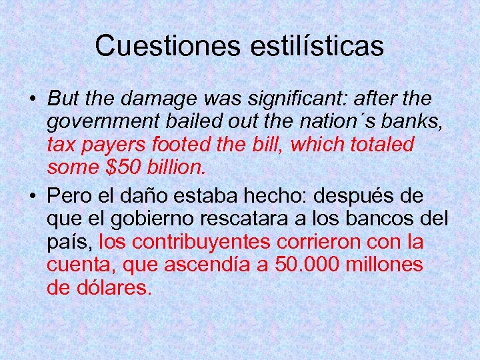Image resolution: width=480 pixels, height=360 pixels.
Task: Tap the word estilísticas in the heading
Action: [318, 46]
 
